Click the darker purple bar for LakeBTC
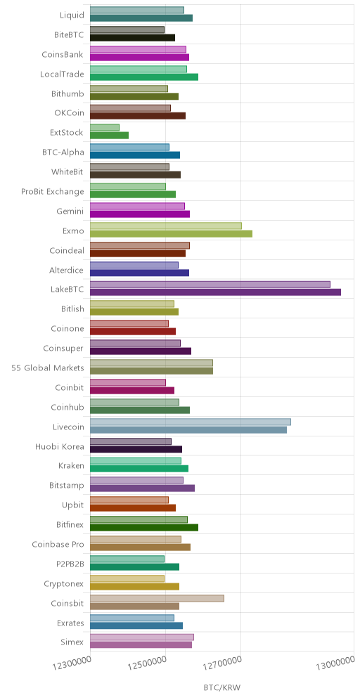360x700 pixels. pyautogui.click(x=215, y=292)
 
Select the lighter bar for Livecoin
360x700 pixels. pyautogui.click(x=191, y=422)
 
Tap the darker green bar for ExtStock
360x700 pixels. pyautogui.click(x=110, y=135)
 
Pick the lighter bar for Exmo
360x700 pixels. pyautogui.click(x=166, y=226)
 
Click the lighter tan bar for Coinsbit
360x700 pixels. pyautogui.click(x=157, y=598)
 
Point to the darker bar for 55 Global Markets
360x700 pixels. pyautogui.click(x=151, y=370)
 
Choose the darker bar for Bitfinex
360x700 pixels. pyautogui.click(x=144, y=527)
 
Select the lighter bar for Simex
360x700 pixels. pyautogui.click(x=142, y=637)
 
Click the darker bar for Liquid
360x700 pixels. pyautogui.click(x=141, y=18)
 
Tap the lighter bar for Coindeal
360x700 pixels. pyautogui.click(x=140, y=245)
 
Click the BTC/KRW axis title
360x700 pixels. pyautogui.click(x=222, y=687)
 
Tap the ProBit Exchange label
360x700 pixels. pyautogui.click(x=53, y=192)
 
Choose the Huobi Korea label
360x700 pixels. pyautogui.click(x=60, y=446)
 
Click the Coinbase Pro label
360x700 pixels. pyautogui.click(x=58, y=545)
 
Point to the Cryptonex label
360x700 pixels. pyautogui.click(x=64, y=584)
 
